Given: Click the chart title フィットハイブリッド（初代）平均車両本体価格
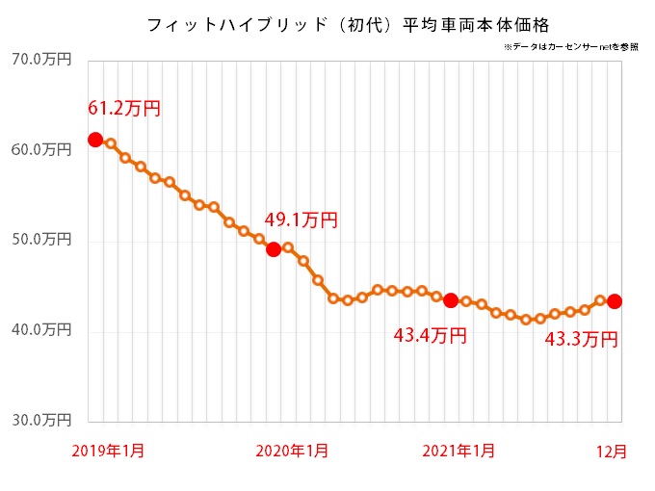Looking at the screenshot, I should point(348,24).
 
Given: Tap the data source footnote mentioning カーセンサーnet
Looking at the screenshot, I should point(570,46).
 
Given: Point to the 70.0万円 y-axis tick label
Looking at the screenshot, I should point(41,60).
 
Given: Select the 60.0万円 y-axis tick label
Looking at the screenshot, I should point(41,149).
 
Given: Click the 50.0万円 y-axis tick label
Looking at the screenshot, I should point(41,240).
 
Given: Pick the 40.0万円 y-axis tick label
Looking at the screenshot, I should point(41,330).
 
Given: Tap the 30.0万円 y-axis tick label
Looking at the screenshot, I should point(41,421).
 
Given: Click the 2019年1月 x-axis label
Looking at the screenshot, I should point(108,451).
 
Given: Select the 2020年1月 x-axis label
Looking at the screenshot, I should point(293,451).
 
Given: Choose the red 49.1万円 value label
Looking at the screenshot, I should point(301,220).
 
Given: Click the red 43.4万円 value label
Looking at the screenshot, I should point(431,336).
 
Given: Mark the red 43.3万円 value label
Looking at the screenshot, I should point(581,339).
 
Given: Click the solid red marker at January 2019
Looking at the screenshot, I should point(95,140).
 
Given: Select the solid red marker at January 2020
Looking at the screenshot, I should point(274,249).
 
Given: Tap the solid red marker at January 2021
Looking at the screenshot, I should point(451,300).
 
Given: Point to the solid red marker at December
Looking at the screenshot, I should point(615,301).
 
